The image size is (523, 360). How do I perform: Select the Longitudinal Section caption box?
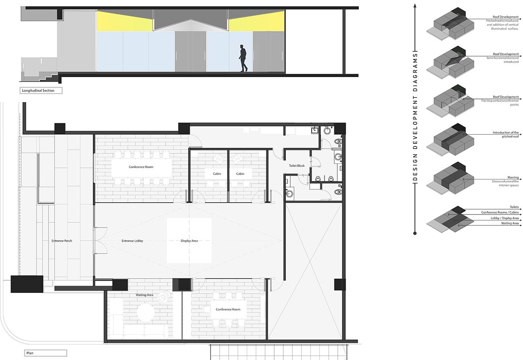click(x=41, y=91)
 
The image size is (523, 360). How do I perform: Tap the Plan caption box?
click(x=45, y=353)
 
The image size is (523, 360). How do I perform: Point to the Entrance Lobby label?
click(x=132, y=241)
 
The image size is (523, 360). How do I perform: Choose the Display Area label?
click(x=189, y=241)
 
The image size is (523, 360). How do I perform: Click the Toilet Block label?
click(x=297, y=166)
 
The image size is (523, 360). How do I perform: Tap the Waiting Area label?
click(x=144, y=295)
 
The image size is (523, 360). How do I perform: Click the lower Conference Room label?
click(x=228, y=309)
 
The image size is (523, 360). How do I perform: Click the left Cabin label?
click(x=217, y=173)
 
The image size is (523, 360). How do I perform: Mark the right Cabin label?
click(x=240, y=173)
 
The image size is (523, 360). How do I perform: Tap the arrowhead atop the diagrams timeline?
click(x=415, y=5)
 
